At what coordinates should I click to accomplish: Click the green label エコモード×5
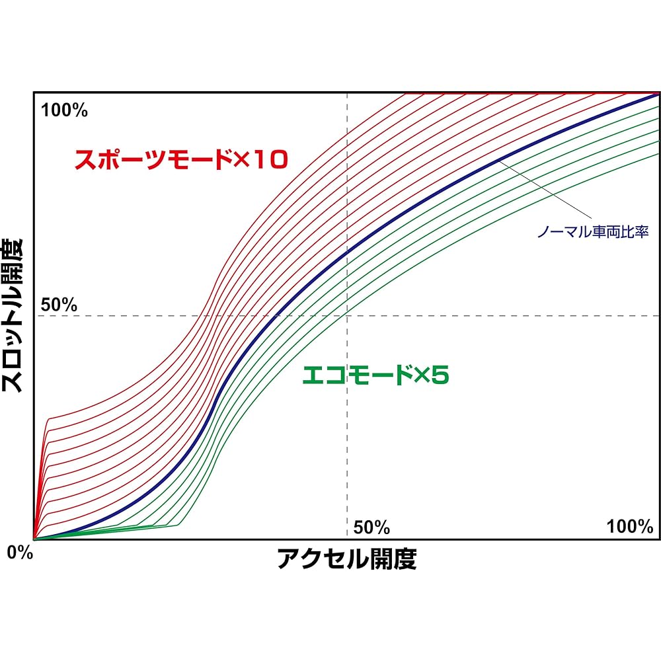coord(375,375)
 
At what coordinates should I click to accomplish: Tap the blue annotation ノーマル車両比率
coord(592,232)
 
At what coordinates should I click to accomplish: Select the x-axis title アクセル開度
coord(346,560)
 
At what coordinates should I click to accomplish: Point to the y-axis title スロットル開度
coord(15,316)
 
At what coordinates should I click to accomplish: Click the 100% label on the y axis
coord(64,110)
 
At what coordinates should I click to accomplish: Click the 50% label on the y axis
coord(59,305)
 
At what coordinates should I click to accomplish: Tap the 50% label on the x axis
coord(371,527)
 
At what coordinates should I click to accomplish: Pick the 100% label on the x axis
coord(630,527)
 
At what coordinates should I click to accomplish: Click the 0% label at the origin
coord(20,553)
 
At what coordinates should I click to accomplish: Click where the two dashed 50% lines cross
coord(347,316)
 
